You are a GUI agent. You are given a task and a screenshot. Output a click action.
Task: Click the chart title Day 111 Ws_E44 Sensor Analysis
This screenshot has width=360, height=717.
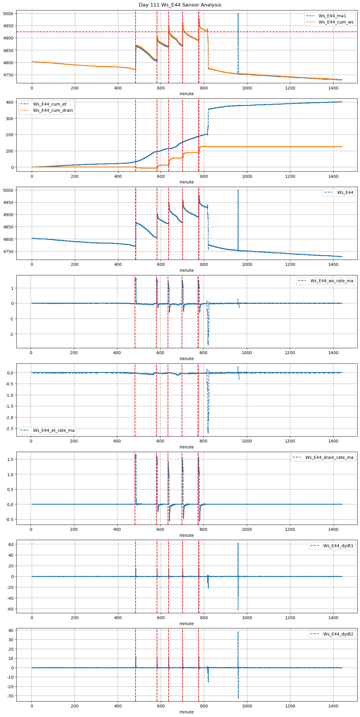click(180, 5)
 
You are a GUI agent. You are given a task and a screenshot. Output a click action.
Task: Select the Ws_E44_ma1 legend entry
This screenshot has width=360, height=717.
click(332, 16)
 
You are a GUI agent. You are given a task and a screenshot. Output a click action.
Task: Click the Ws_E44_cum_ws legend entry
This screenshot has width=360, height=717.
click(336, 22)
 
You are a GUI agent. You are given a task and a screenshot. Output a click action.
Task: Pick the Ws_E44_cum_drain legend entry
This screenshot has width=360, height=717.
click(53, 110)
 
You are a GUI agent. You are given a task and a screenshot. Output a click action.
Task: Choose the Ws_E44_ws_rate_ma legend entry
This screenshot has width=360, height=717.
click(332, 281)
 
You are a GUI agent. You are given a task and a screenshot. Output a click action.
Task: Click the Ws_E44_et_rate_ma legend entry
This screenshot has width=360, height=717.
click(54, 430)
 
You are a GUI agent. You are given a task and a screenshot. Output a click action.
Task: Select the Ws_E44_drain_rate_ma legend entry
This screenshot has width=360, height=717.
click(329, 457)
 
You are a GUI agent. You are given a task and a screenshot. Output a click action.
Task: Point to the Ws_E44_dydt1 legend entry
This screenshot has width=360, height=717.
click(338, 546)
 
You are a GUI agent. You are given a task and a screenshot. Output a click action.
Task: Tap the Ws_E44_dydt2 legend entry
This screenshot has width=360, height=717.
click(338, 634)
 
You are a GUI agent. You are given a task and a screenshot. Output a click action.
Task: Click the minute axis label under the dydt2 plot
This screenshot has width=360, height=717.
click(186, 712)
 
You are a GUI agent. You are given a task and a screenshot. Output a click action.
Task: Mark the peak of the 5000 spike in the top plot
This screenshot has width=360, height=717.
click(238, 14)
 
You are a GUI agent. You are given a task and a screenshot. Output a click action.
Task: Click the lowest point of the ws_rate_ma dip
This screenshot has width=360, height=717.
click(208, 345)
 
